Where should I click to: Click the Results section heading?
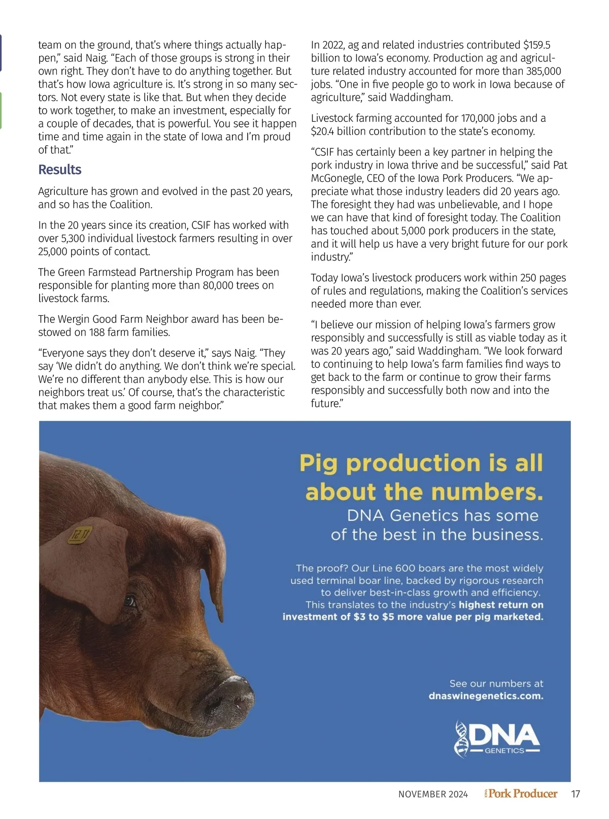pyautogui.click(x=60, y=170)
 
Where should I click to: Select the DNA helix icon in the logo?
pyautogui.click(x=461, y=739)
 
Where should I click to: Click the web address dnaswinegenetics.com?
pyautogui.click(x=486, y=696)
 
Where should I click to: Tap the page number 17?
pyautogui.click(x=575, y=794)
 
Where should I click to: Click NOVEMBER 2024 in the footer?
pyautogui.click(x=433, y=795)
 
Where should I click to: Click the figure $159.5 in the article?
pyautogui.click(x=536, y=45)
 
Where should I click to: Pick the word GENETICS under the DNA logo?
pyautogui.click(x=504, y=750)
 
